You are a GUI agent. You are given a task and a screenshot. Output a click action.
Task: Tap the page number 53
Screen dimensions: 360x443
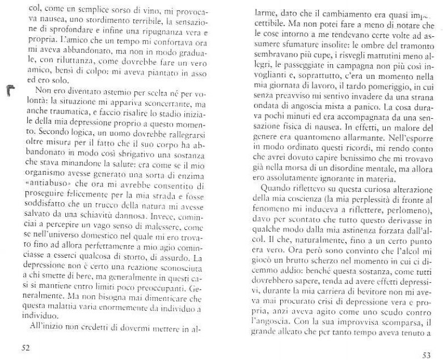pos(427,354)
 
